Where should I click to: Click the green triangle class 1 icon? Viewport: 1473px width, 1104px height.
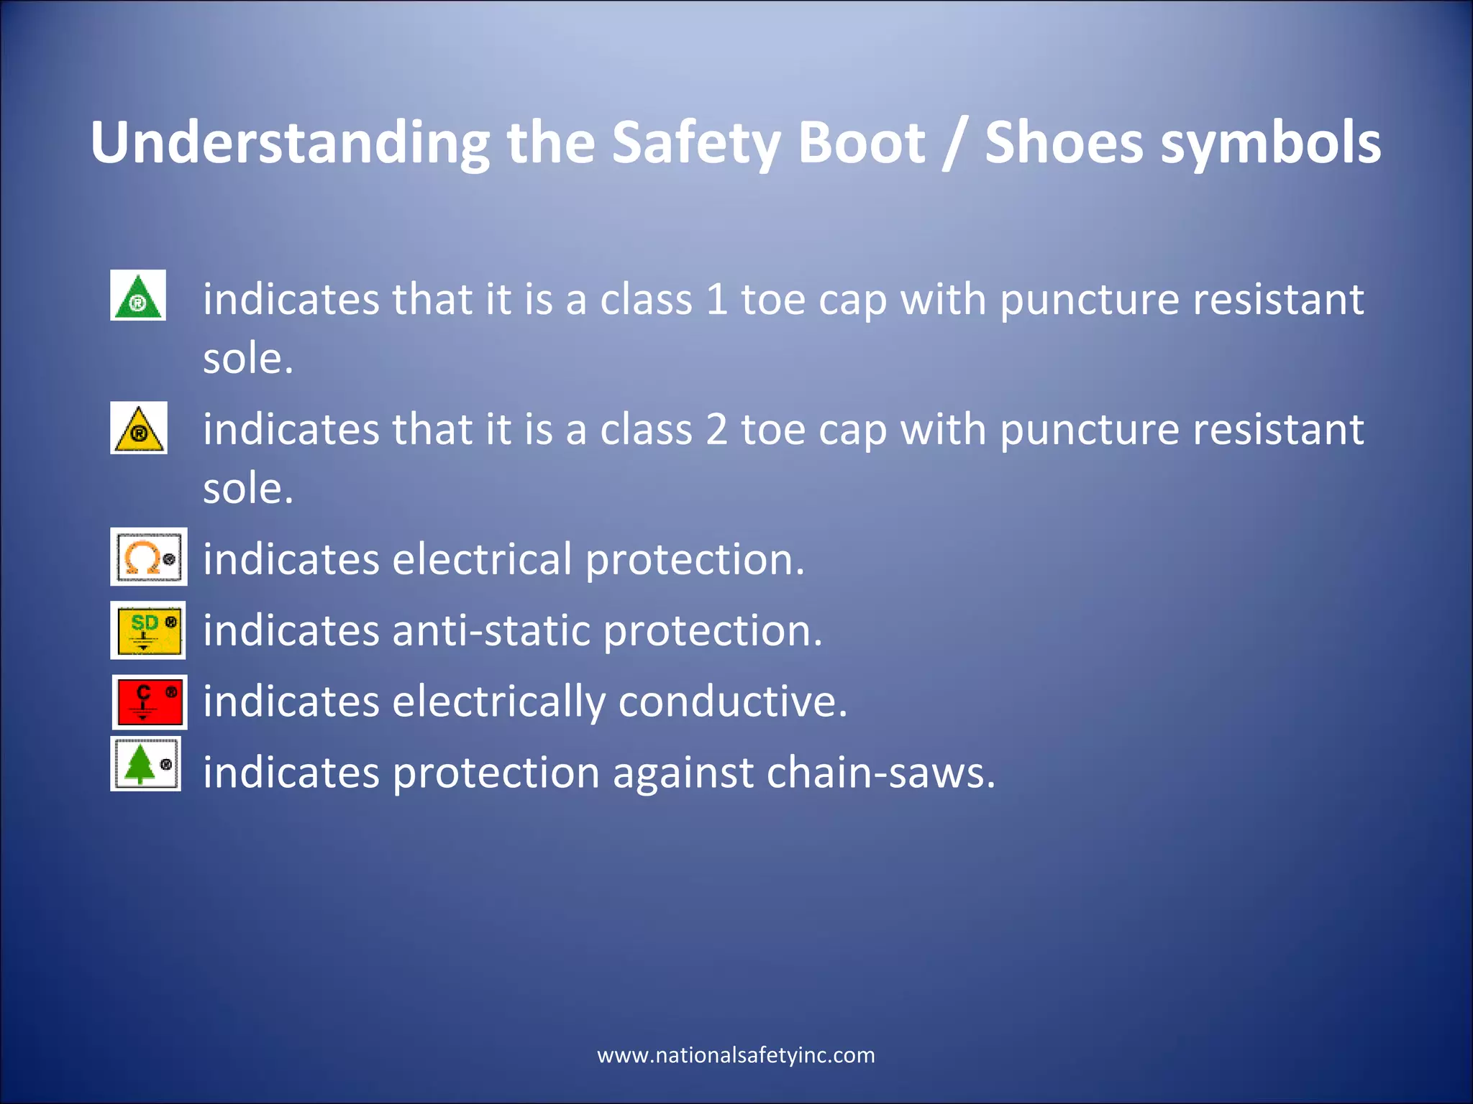tap(138, 295)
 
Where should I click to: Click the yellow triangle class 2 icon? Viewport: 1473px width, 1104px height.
tap(139, 428)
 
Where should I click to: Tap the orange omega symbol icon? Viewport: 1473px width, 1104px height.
tap(148, 557)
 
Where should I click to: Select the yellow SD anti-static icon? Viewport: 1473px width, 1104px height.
tap(148, 630)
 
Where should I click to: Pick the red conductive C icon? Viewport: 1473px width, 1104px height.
tap(150, 701)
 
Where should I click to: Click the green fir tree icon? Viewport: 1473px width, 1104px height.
tap(145, 764)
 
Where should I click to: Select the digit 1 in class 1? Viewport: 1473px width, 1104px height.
tap(716, 299)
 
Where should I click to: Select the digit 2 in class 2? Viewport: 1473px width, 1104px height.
tap(716, 429)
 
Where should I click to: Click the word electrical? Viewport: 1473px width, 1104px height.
tap(481, 559)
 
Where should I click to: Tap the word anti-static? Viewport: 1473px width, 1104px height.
tap(490, 630)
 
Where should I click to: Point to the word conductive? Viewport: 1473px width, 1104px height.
tap(732, 701)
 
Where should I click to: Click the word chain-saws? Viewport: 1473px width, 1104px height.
tap(880, 773)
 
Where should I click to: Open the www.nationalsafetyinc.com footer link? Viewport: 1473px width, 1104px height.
tap(736, 1055)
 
